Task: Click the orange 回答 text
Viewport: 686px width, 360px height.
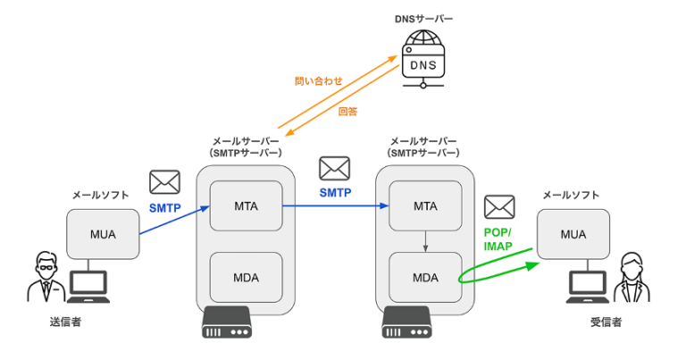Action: click(348, 111)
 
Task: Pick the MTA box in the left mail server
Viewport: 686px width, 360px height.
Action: click(246, 206)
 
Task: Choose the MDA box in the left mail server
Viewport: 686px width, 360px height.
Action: click(246, 277)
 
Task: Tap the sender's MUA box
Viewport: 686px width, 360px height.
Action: click(103, 235)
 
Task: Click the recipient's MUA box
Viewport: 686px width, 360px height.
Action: click(573, 235)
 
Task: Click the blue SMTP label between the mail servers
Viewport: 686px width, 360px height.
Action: click(335, 192)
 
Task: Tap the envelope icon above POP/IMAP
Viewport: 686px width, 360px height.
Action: click(498, 207)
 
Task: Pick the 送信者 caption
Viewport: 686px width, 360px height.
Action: click(65, 322)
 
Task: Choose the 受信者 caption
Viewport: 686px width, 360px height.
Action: click(605, 322)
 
